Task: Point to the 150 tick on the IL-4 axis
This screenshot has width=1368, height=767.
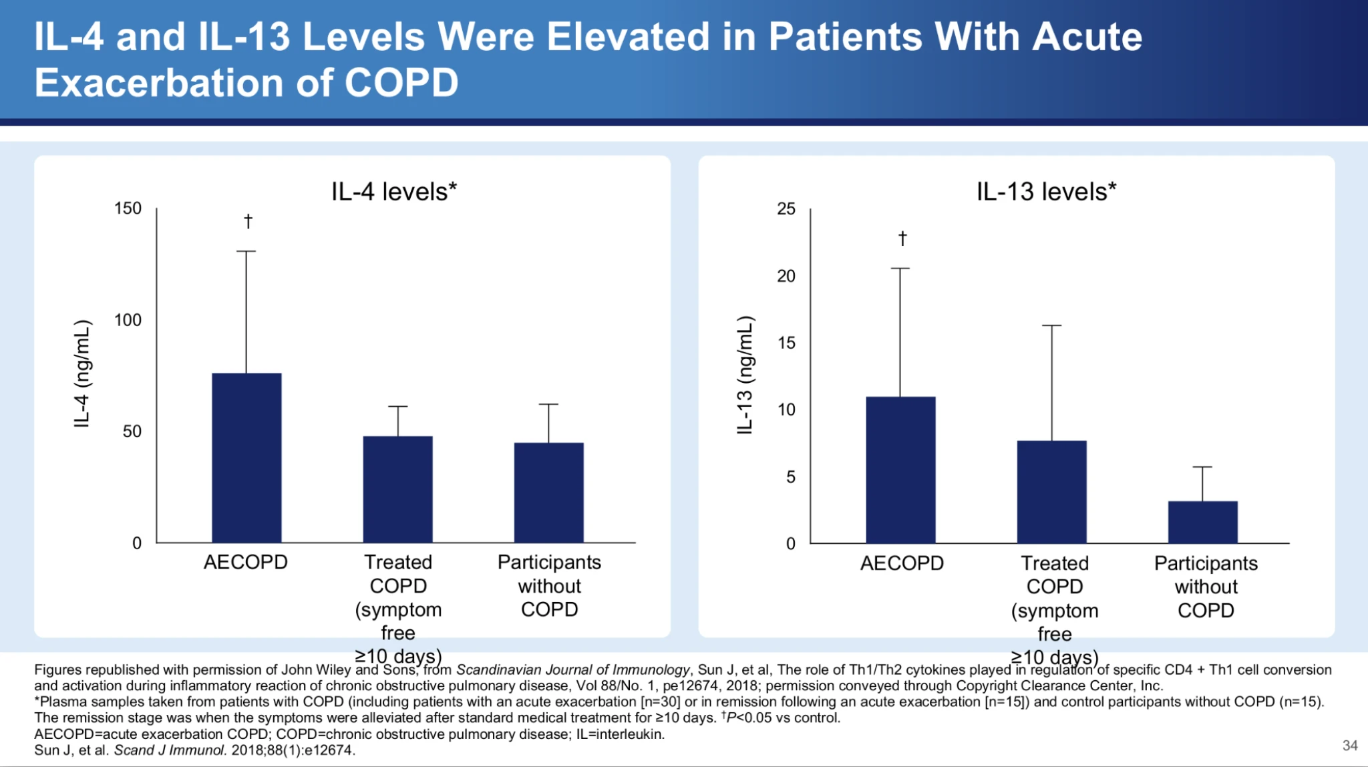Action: [128, 208]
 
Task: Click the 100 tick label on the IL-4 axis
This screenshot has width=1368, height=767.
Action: [128, 320]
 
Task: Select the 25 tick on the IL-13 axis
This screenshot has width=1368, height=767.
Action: [786, 209]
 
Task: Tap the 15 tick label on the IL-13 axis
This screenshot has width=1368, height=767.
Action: [786, 343]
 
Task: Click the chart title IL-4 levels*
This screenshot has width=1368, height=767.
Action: [394, 192]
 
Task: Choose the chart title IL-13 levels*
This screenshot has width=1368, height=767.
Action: [1046, 192]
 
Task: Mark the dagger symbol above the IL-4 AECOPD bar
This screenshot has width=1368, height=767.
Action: [248, 221]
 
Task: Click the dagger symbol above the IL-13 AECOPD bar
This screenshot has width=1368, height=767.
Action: [902, 239]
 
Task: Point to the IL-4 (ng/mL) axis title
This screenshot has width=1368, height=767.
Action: [82, 373]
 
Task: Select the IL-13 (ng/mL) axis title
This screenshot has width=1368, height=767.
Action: [745, 375]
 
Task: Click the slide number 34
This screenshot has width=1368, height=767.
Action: [1350, 746]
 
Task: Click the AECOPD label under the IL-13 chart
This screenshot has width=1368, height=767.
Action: [902, 563]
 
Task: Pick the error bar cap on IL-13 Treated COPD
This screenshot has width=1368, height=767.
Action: [1051, 325]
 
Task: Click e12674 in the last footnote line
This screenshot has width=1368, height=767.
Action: [329, 750]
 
